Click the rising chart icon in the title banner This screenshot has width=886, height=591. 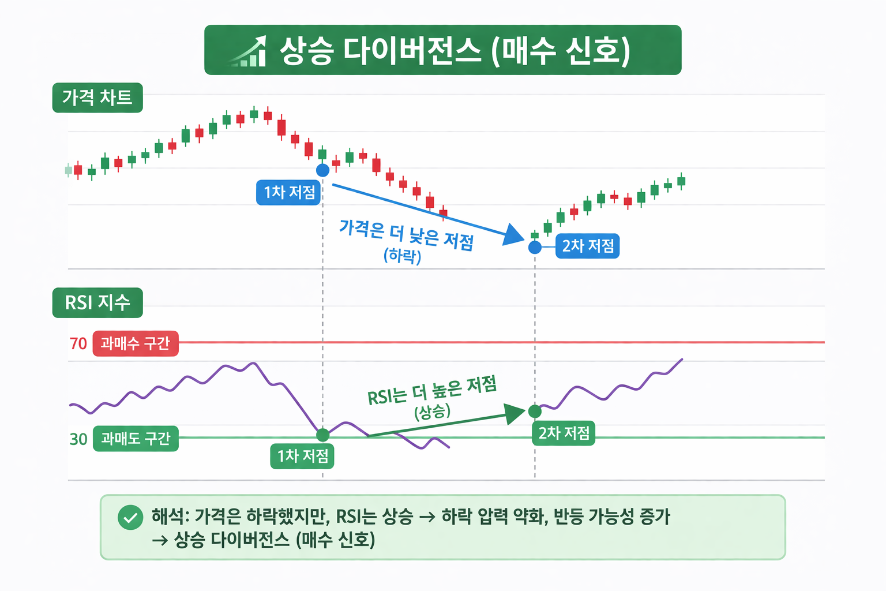coord(249,51)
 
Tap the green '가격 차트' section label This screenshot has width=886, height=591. coord(97,98)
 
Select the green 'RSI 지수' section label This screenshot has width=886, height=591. coord(97,302)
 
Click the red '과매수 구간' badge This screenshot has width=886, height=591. coord(136,343)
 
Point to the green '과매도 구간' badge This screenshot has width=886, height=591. coord(136,439)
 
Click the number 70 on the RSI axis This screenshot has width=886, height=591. coord(78,344)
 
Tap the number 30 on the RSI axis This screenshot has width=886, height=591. coord(78,439)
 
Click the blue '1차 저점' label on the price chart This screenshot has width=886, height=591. coord(288,192)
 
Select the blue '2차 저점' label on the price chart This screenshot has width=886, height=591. coord(587,246)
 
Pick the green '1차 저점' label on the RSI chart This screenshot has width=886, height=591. coord(302,456)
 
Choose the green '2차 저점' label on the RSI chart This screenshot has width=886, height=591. coord(564,433)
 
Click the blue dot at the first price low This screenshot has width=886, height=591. coord(322,170)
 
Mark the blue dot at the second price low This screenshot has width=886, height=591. coord(535,248)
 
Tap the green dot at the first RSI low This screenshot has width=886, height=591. coord(323,435)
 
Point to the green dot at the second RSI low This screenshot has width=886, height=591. coord(535,412)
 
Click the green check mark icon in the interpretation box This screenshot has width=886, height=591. coord(130,517)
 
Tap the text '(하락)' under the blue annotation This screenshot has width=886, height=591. coord(403,256)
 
